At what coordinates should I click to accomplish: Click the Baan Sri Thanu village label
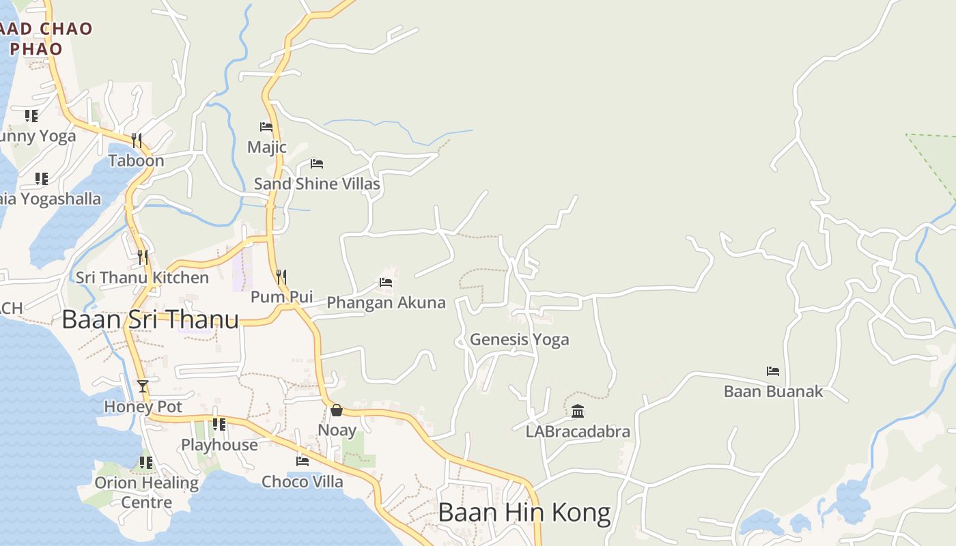pos(150,319)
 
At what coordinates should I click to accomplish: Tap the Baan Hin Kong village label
pos(524,513)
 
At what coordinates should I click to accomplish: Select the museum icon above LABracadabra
pos(578,411)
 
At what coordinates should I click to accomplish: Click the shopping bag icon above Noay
pos(337,409)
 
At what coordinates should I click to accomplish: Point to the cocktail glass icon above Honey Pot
pos(142,386)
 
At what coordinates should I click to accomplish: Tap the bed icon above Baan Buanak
pos(773,371)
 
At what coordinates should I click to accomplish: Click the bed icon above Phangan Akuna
pos(386,282)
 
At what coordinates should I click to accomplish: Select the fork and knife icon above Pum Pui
pos(281,276)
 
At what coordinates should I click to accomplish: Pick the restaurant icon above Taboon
pos(137,141)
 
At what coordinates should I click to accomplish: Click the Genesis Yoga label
pos(519,339)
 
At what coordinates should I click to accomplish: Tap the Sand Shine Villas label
pos(317,184)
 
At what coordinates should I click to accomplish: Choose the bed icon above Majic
pos(266,127)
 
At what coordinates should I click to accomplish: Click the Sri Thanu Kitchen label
pos(142,278)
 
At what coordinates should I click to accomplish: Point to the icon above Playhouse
pos(219,425)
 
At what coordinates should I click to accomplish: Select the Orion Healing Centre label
pos(146,492)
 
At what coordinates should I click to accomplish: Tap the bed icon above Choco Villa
pos(303,461)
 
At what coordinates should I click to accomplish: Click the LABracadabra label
pos(578,432)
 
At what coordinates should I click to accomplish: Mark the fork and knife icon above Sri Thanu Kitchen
pos(143,257)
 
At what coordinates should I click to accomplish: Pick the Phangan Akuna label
pos(386,302)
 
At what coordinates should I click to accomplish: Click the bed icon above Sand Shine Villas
pos(317,164)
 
